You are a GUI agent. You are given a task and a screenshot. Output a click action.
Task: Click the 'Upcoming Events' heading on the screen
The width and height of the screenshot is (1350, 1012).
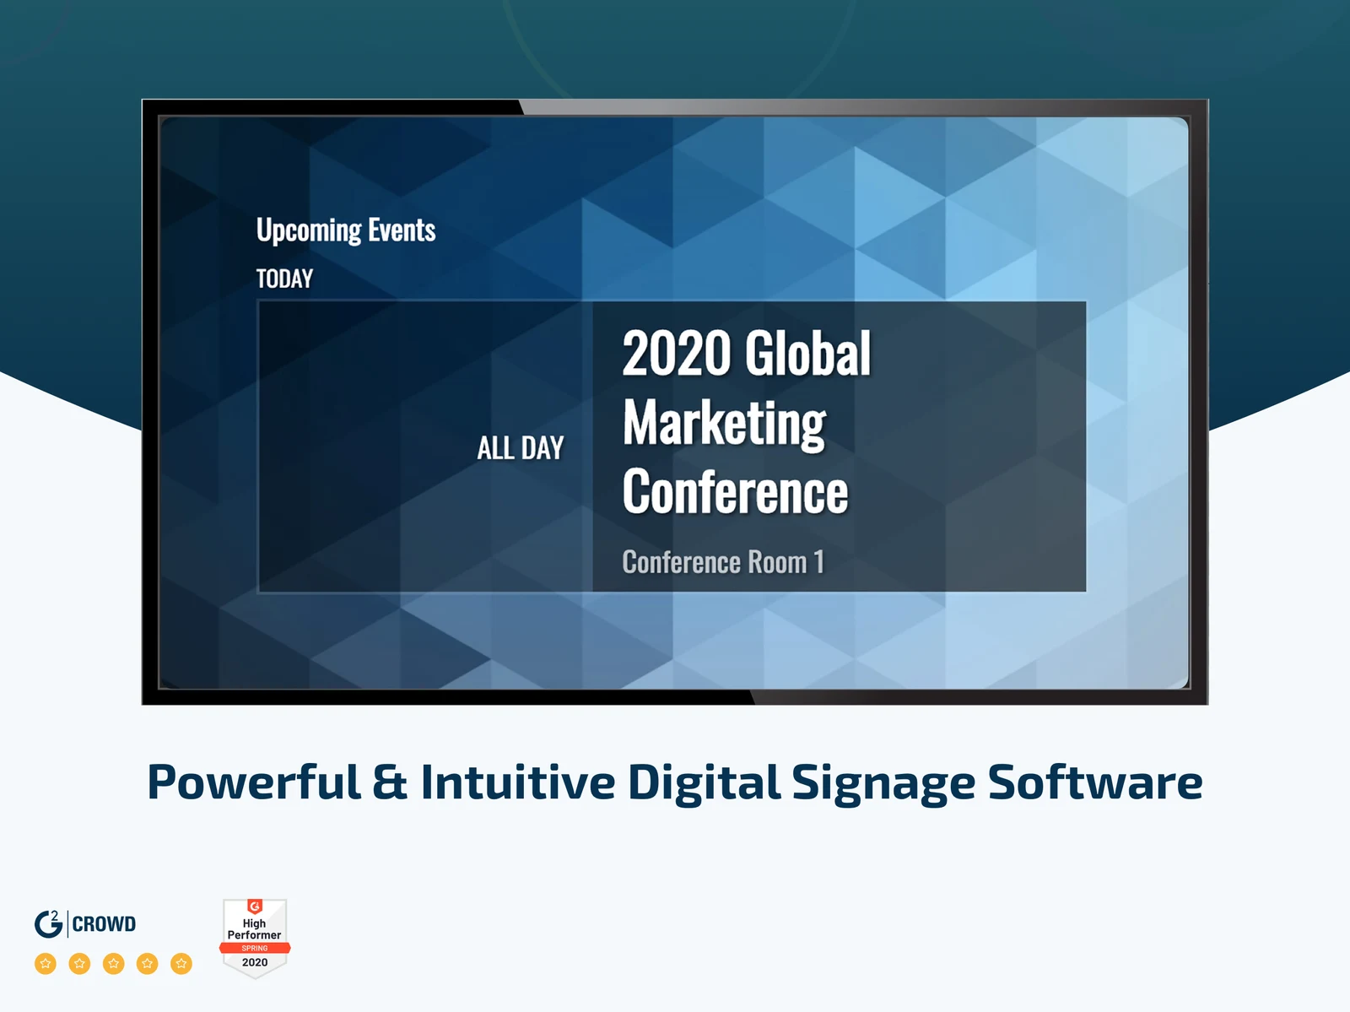click(346, 230)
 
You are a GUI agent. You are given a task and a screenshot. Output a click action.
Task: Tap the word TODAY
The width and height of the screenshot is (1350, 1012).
click(284, 279)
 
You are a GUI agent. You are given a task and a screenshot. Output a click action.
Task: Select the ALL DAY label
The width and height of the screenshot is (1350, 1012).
click(521, 448)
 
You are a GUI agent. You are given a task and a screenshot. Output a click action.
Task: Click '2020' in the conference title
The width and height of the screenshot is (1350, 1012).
click(676, 353)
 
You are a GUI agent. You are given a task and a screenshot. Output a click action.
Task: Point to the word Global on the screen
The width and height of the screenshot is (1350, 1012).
click(808, 353)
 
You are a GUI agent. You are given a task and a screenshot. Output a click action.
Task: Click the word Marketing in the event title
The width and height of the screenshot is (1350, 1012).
click(724, 424)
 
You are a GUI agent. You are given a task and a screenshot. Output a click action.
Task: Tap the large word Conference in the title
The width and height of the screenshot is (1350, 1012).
click(735, 491)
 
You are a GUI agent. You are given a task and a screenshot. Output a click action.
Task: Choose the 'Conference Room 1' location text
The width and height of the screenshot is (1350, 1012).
click(722, 561)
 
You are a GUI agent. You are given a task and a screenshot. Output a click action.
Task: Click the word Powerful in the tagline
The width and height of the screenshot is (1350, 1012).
click(254, 782)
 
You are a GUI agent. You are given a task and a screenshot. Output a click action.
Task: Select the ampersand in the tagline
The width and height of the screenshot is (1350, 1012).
click(390, 782)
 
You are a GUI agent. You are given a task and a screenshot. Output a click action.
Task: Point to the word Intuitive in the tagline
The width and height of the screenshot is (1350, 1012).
click(518, 782)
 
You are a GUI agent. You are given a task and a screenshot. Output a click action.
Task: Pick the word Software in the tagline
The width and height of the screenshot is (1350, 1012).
click(1095, 782)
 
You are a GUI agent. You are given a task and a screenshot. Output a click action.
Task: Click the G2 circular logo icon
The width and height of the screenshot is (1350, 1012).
click(49, 923)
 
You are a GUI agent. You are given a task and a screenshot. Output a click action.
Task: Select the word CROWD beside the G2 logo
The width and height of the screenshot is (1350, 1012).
click(104, 924)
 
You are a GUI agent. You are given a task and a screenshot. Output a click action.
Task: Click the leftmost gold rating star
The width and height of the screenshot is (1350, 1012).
click(46, 963)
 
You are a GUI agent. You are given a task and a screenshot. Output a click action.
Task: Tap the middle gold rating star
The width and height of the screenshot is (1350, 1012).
click(113, 963)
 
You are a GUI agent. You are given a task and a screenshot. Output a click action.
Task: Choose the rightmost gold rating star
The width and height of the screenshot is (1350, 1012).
click(181, 963)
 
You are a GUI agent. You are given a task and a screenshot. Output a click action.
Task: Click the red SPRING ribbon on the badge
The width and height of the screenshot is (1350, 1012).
click(255, 948)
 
